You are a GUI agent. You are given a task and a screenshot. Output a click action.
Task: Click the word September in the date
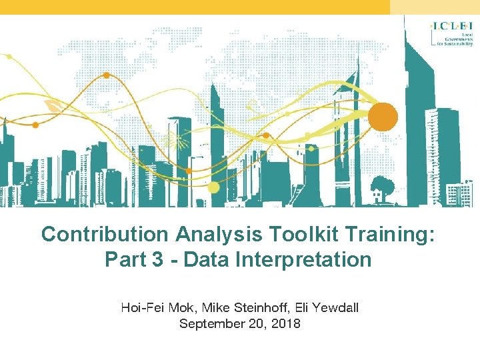pyautogui.click(x=209, y=324)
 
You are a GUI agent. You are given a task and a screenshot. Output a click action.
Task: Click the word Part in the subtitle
pyautogui.click(x=127, y=259)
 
